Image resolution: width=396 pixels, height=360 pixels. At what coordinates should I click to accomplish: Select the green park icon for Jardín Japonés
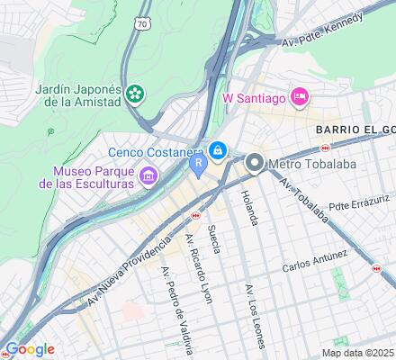[134, 93]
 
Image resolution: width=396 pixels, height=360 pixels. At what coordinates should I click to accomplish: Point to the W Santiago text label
[255, 96]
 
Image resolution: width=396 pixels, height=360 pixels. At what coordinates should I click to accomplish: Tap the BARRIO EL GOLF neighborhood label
[355, 130]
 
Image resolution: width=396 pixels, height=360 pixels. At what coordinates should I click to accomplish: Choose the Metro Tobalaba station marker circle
[255, 163]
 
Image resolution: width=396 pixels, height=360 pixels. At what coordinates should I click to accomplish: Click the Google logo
[30, 348]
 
